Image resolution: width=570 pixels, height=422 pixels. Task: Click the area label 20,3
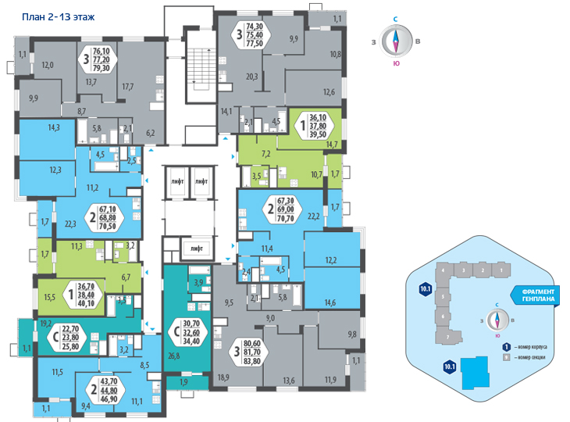(251, 77)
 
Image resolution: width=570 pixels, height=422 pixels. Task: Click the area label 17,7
(128, 87)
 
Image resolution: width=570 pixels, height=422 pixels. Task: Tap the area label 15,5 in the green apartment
(49, 297)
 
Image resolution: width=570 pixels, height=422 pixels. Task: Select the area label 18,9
(223, 377)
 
